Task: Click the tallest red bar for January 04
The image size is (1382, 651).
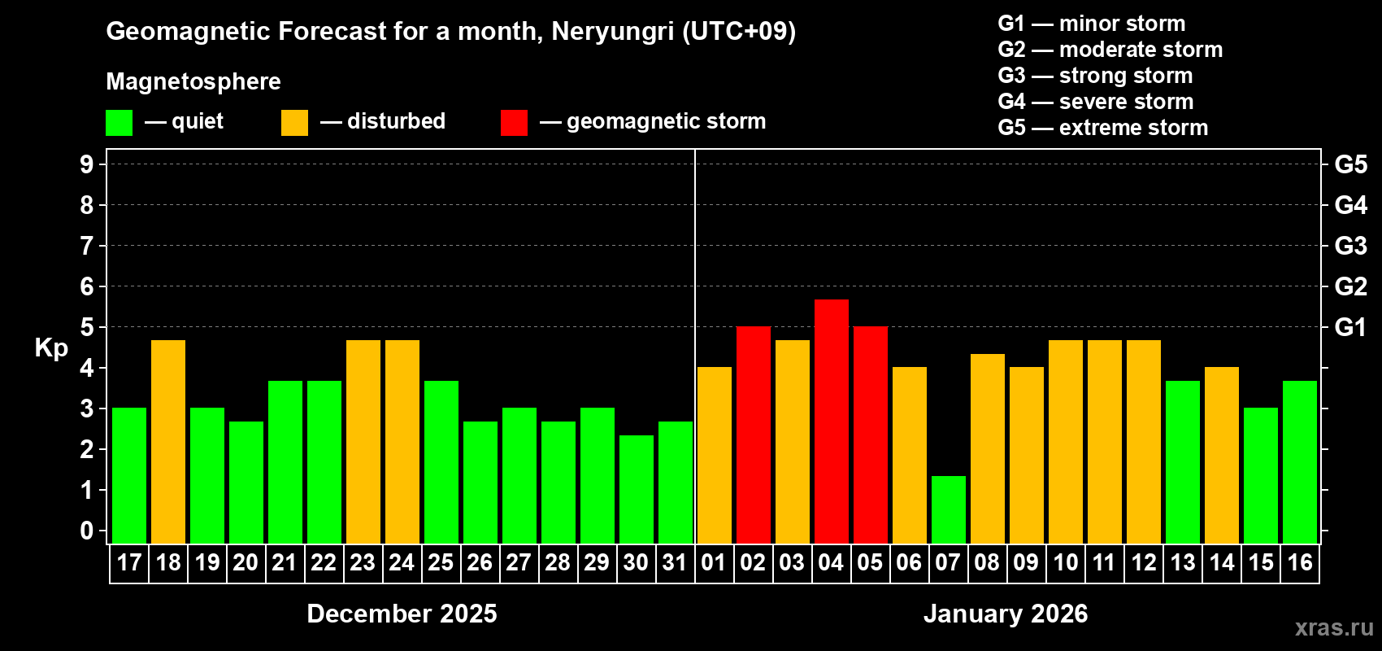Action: point(832,422)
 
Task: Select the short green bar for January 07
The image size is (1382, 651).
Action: point(949,510)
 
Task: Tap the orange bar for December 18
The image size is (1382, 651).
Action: point(168,442)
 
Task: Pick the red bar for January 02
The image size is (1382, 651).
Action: point(754,435)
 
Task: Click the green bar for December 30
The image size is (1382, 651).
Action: point(637,489)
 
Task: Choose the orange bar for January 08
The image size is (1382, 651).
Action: point(988,449)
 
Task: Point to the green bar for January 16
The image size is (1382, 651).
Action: point(1300,462)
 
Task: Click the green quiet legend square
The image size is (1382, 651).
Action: point(119,123)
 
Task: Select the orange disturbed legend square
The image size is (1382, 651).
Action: point(294,123)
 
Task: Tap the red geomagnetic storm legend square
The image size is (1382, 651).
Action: point(514,123)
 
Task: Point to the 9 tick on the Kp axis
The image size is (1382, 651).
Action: point(87,164)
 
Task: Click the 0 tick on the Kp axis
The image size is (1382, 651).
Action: point(87,531)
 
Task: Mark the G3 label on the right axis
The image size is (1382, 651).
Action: point(1350,246)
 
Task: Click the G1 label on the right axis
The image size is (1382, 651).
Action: point(1350,327)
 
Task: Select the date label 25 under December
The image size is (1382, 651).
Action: point(441,563)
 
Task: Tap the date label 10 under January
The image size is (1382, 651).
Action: point(1065,563)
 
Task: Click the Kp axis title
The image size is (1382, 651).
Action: point(51,347)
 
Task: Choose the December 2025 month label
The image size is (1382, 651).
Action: point(402,614)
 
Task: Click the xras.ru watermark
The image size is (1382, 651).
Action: point(1334,627)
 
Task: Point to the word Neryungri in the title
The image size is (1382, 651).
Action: point(612,32)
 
